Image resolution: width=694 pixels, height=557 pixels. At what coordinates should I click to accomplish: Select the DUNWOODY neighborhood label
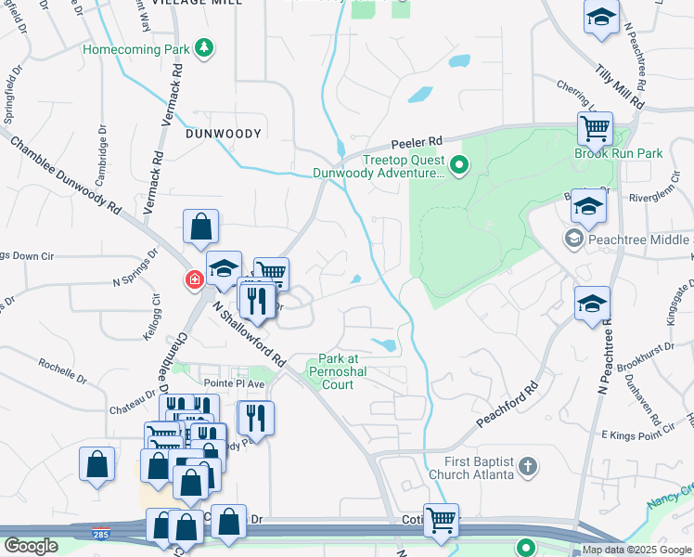click(224, 134)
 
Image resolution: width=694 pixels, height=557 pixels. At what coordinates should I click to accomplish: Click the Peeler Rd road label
click(414, 143)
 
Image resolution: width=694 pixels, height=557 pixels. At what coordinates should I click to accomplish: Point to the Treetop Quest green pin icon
click(458, 166)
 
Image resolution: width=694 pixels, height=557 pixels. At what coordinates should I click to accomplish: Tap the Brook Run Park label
click(618, 153)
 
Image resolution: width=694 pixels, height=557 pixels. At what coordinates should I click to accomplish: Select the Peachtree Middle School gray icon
click(572, 240)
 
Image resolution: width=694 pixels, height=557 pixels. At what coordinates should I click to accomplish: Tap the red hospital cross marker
click(195, 279)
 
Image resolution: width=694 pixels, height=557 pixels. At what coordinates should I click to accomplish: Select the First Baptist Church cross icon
click(527, 467)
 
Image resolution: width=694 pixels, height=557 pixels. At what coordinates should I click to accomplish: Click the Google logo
click(31, 546)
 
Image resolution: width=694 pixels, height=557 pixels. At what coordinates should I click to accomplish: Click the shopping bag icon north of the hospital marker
click(200, 225)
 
